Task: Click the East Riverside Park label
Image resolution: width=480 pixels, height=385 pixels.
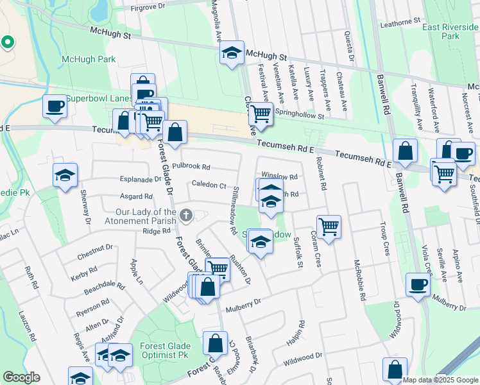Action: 450,31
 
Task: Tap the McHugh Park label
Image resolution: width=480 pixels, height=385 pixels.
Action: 88,60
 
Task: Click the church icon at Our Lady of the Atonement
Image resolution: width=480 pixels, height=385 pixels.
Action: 186,214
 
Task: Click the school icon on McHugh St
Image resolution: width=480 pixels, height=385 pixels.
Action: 231,53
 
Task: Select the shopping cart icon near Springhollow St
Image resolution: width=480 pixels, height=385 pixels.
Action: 261,114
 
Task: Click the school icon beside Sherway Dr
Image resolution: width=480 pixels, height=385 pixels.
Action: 65,176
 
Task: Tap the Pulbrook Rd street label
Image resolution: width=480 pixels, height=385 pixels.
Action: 196,167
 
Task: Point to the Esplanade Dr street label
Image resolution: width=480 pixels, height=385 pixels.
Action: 140,180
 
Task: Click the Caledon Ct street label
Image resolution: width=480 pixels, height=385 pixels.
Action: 209,185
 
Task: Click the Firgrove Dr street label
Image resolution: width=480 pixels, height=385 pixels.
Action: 148,8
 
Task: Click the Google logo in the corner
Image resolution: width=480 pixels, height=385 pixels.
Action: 21,377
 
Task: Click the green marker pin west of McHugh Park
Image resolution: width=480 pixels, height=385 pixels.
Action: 7,42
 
